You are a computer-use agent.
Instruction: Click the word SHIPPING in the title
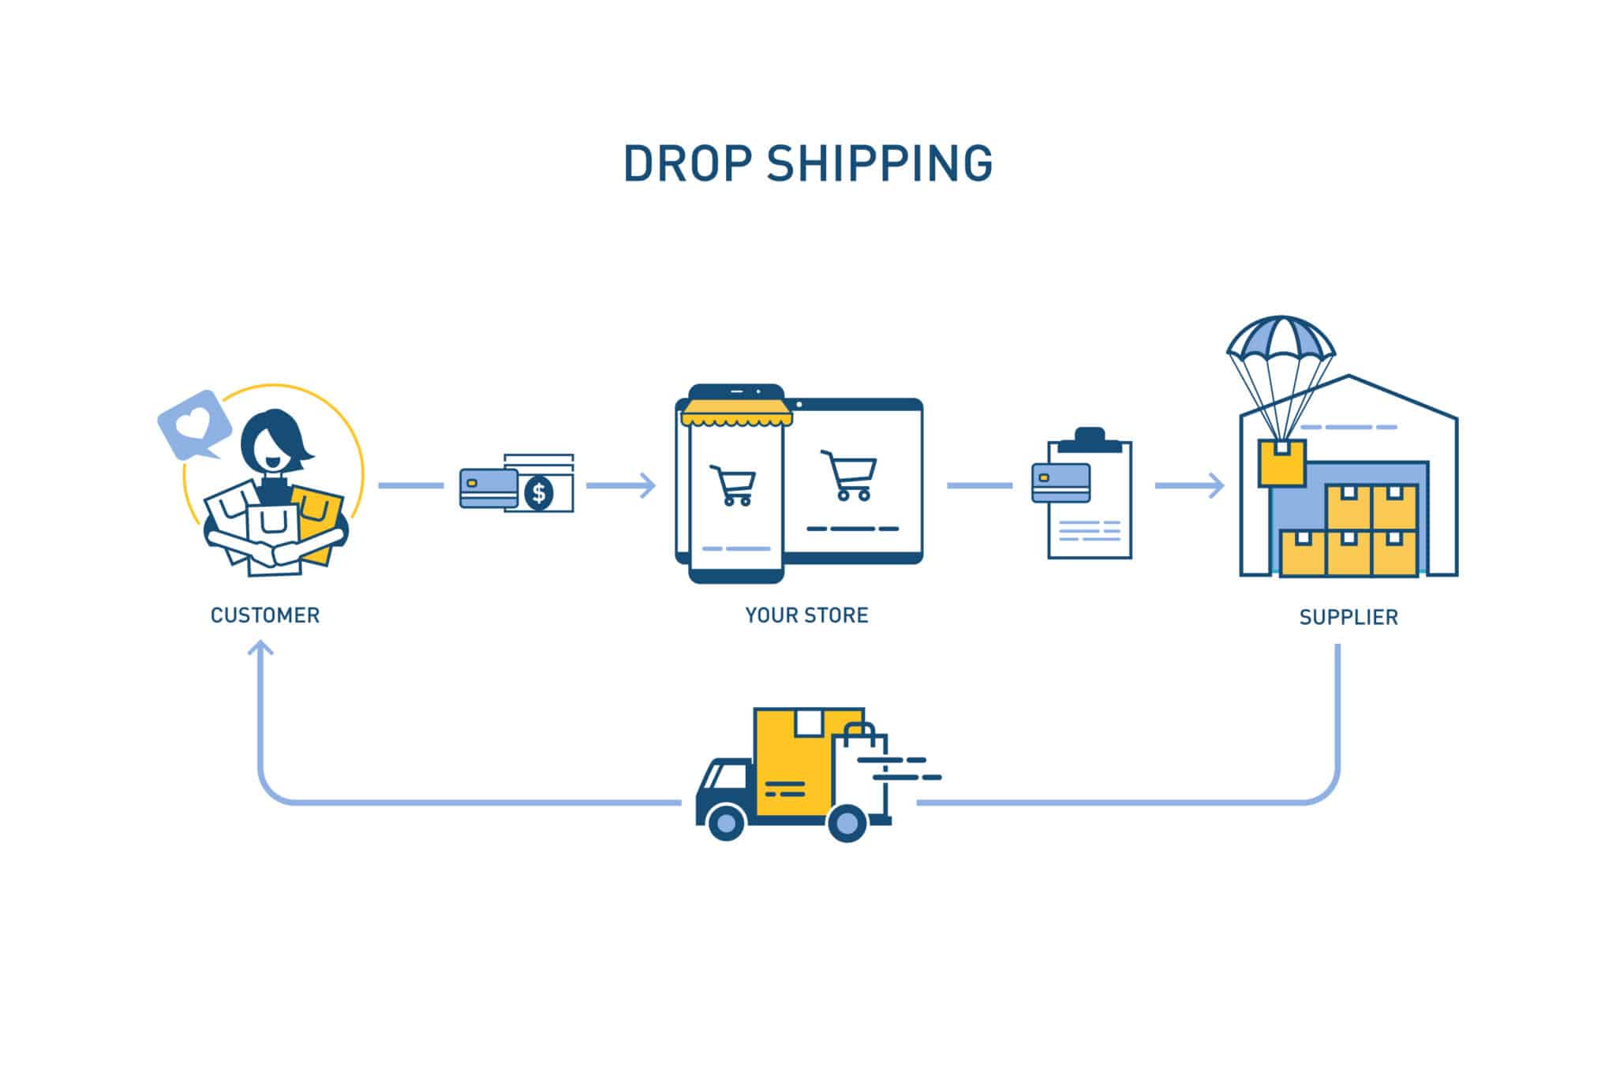click(x=879, y=164)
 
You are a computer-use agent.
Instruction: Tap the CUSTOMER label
click(x=265, y=615)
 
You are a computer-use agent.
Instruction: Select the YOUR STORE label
click(x=806, y=615)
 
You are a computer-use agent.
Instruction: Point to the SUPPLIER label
click(x=1349, y=617)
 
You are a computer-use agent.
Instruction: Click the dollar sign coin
click(x=539, y=493)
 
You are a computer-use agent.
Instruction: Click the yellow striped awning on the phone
click(x=736, y=412)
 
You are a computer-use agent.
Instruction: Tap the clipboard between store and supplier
click(x=1090, y=497)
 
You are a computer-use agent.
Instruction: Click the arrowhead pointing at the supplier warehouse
click(x=1215, y=485)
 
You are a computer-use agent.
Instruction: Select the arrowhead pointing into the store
click(x=647, y=485)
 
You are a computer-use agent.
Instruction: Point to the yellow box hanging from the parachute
click(x=1281, y=463)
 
